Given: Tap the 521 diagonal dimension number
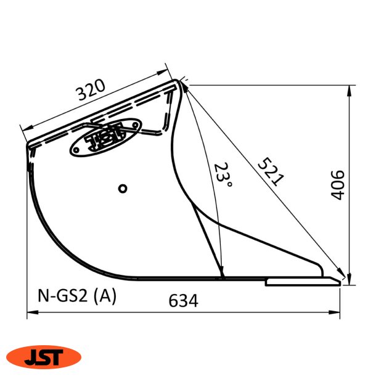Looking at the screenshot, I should (270, 172).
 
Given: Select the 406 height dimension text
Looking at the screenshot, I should (337, 184).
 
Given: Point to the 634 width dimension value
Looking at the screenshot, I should (184, 301).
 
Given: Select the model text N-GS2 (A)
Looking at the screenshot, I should (73, 296).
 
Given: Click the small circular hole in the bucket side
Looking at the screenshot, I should (123, 188).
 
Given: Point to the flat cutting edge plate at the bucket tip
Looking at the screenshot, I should (302, 282).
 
